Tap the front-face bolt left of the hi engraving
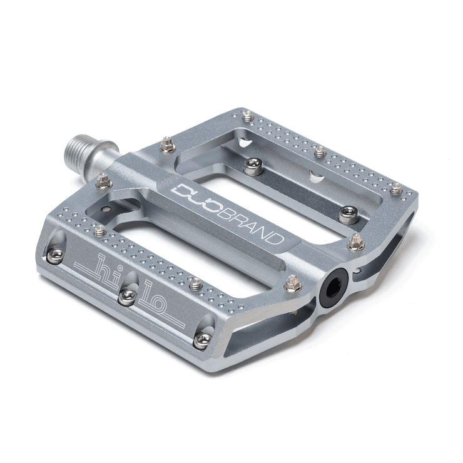[56, 254]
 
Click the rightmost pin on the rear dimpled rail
[395, 186]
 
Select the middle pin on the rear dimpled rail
[320, 150]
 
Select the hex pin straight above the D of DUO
[166, 145]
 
